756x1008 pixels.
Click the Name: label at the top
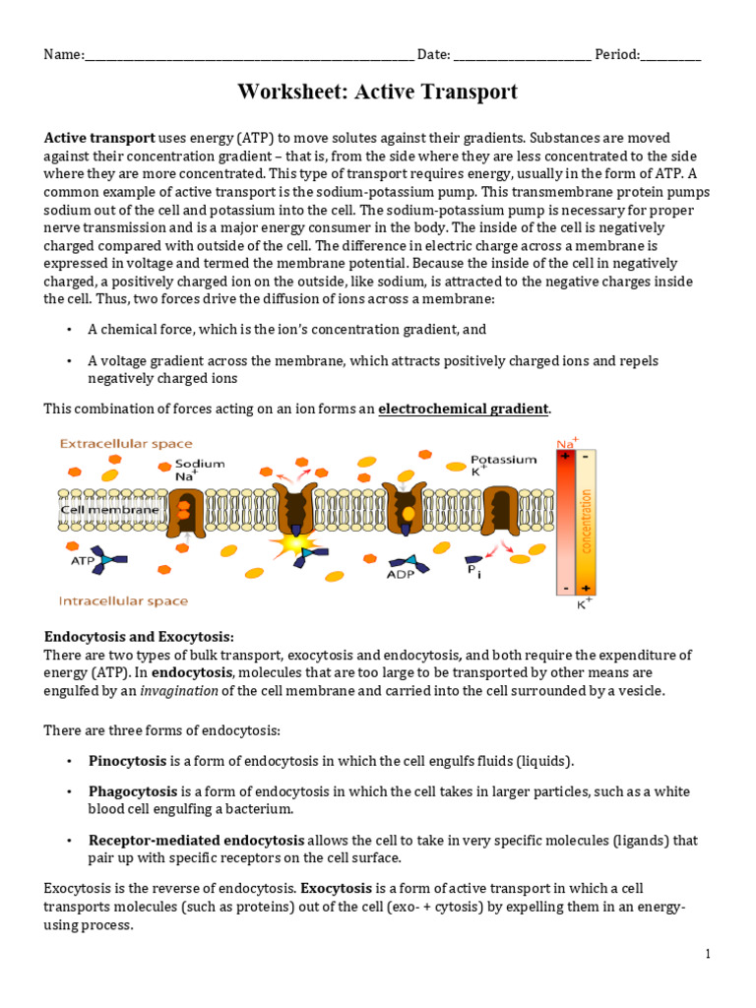(64, 55)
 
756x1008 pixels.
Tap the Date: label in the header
(434, 55)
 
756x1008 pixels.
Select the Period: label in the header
(617, 55)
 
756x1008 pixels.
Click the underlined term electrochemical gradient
(464, 409)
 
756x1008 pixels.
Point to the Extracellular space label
(126, 444)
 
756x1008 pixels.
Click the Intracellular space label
(124, 600)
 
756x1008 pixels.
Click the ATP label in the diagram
(82, 560)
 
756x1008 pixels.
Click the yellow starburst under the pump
(293, 543)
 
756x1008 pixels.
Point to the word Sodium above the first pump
(200, 464)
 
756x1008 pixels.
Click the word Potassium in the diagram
(503, 459)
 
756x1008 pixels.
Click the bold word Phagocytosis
(133, 791)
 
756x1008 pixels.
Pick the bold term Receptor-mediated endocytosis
(196, 841)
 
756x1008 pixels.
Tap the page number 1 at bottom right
(707, 954)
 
